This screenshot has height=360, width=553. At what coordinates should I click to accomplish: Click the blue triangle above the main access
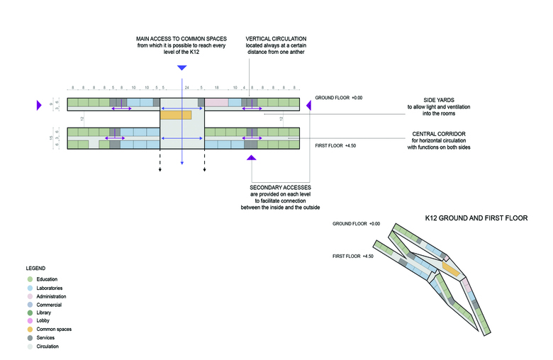(182, 68)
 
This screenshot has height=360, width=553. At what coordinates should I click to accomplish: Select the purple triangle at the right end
(308, 106)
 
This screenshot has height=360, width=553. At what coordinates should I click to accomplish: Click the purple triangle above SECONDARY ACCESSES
(251, 159)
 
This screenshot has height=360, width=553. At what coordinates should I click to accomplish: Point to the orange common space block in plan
(176, 114)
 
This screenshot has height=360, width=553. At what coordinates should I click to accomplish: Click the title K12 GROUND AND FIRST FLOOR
(476, 218)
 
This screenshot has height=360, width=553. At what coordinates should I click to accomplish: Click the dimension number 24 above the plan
(187, 88)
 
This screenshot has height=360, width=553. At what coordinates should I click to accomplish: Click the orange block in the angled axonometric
(449, 269)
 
